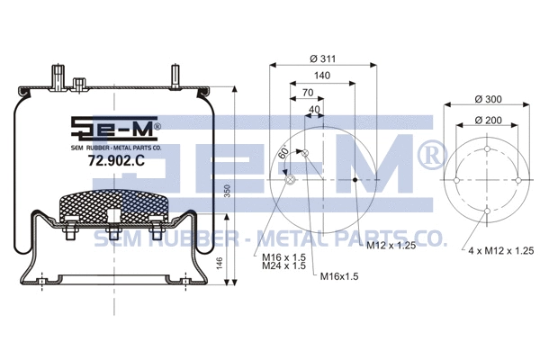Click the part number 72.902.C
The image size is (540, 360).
pos(92,161)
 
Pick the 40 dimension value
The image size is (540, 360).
pos(312,110)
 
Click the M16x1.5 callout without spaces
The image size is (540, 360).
pos(338,275)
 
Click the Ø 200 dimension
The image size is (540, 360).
pos(488,120)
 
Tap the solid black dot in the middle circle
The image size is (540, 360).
pos(355,180)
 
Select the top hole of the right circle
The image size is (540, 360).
pos(487,148)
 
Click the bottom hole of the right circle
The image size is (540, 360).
pos(487,211)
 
